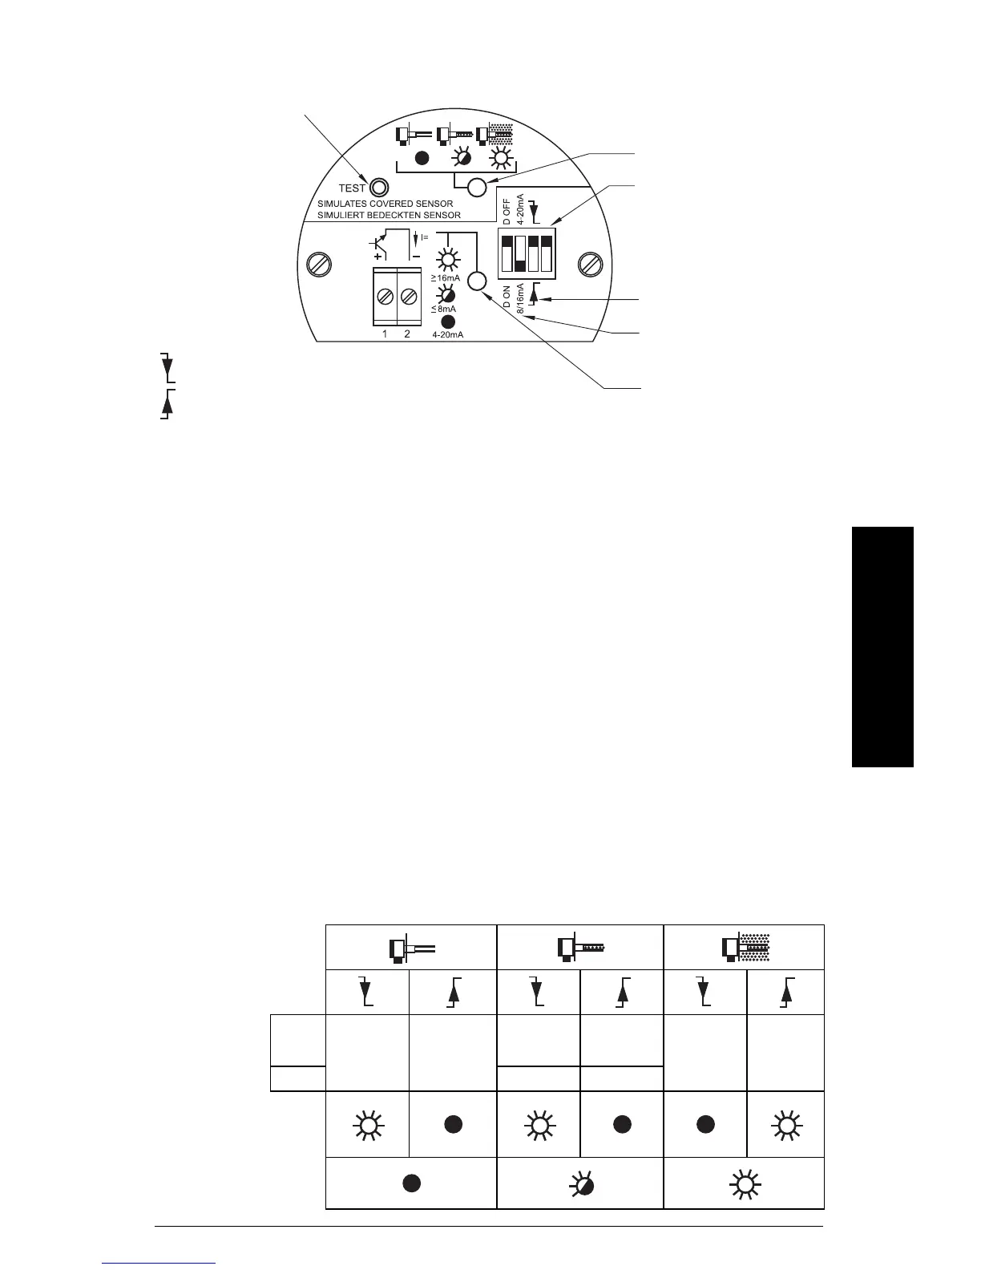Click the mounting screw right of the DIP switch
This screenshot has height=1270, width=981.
(x=591, y=263)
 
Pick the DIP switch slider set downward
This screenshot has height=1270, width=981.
(x=519, y=253)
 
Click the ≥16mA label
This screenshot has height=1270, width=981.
(x=446, y=277)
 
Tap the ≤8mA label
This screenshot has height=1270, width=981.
(x=443, y=309)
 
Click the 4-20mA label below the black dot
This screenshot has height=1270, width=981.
(x=447, y=334)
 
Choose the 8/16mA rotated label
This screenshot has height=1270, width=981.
(x=519, y=299)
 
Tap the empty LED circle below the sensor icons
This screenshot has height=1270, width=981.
(x=477, y=188)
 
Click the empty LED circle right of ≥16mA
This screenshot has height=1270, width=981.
(x=477, y=281)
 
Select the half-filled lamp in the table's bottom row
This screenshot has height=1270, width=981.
(x=580, y=1184)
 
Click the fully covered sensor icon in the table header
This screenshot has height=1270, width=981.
(x=745, y=948)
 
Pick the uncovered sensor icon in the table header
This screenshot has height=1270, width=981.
(x=411, y=949)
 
